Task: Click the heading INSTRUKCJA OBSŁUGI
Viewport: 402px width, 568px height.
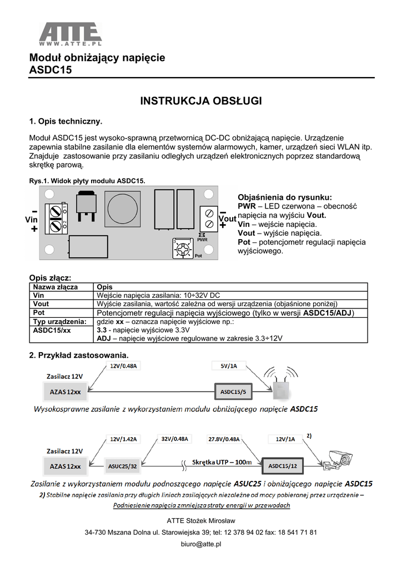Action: point(200,101)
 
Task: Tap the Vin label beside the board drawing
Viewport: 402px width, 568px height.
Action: point(32,220)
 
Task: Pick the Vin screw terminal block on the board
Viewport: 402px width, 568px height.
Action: point(55,219)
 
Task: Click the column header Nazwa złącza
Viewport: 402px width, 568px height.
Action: point(56,287)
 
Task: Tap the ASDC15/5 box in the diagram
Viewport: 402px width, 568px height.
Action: point(234,392)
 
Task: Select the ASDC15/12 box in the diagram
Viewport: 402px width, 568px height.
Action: point(281,466)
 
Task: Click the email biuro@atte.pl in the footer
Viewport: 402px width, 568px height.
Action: point(201,544)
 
